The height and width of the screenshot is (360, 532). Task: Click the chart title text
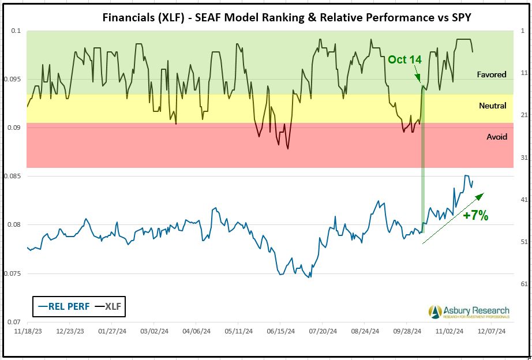tap(287, 17)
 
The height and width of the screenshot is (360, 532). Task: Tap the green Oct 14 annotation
tap(404, 59)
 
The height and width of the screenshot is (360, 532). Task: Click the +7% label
tap(476, 216)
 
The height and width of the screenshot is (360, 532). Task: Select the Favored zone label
tap(492, 74)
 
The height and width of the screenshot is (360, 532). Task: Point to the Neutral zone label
tap(492, 106)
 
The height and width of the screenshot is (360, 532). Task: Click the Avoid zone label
tap(497, 137)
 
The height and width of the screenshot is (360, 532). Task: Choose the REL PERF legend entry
tap(63, 306)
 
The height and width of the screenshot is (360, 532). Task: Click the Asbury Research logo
tap(469, 312)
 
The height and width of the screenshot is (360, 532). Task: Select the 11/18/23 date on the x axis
tap(26, 332)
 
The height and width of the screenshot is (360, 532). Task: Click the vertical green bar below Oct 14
tap(423, 162)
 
